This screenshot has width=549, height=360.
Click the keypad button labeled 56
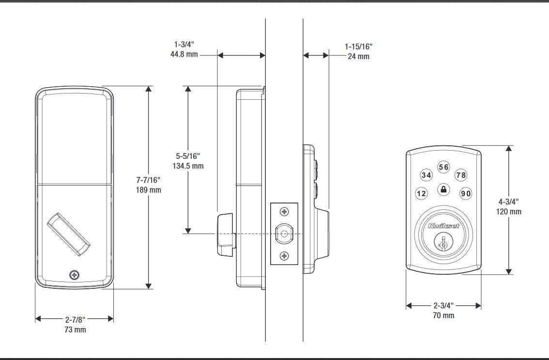pos(443,167)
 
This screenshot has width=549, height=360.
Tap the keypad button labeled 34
pos(426,175)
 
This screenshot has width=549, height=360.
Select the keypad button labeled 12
pos(422,194)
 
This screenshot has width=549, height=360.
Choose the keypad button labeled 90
pos(465,194)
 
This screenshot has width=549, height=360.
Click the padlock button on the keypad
pos(443,189)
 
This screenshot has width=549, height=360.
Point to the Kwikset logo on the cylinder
pos(443,226)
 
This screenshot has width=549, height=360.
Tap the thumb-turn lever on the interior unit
pos(68,234)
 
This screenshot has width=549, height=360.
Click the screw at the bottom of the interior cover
pos(74,275)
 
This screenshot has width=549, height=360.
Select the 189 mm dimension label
pos(148,190)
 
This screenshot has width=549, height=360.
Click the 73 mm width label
pos(75,330)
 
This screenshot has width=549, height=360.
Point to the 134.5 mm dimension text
pos(188,166)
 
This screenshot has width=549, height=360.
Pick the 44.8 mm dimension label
pos(184,55)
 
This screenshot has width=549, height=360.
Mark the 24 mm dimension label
pos(358,56)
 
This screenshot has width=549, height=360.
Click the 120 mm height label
pos(509,211)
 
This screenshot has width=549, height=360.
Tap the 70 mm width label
pos(443,315)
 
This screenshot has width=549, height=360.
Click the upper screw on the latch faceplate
pos(284,212)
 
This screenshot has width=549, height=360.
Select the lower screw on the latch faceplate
pos(284,256)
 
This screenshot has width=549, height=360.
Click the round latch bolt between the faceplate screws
pos(284,234)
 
